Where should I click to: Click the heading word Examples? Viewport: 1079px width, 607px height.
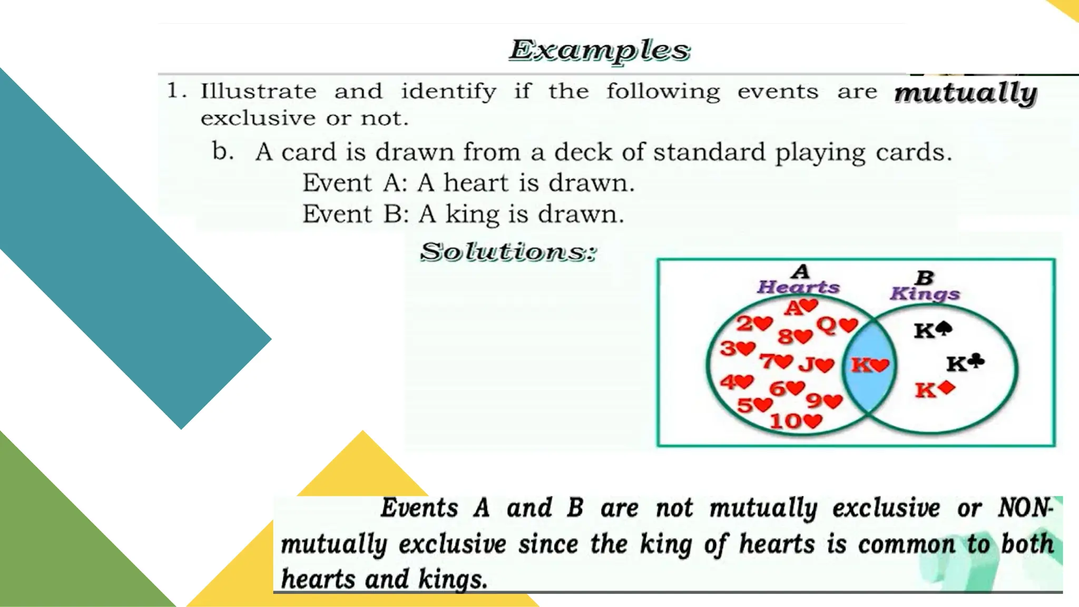(x=599, y=51)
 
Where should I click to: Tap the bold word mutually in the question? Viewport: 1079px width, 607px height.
(x=966, y=93)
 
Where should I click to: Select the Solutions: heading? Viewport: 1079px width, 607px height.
(x=508, y=252)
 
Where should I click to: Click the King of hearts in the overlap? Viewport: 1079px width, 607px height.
(x=870, y=365)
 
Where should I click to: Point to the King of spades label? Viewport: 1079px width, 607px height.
(x=933, y=330)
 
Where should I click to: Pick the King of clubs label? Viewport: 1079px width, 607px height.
(x=965, y=363)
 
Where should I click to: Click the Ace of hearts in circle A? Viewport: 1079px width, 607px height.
(x=801, y=307)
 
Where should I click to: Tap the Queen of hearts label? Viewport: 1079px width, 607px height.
(x=837, y=326)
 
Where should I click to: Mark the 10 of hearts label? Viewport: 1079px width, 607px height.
(x=796, y=421)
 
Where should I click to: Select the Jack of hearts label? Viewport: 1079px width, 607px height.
(x=816, y=365)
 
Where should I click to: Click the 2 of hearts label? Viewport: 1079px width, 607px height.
(x=754, y=323)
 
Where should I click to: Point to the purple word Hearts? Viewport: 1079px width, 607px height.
(x=798, y=287)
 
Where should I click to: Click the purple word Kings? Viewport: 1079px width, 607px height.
(x=925, y=294)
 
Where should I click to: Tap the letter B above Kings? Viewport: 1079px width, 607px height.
(x=925, y=277)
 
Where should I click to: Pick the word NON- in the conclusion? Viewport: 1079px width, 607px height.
(x=1025, y=508)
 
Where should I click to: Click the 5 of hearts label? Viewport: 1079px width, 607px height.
(x=754, y=405)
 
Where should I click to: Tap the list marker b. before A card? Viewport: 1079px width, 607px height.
(x=223, y=152)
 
